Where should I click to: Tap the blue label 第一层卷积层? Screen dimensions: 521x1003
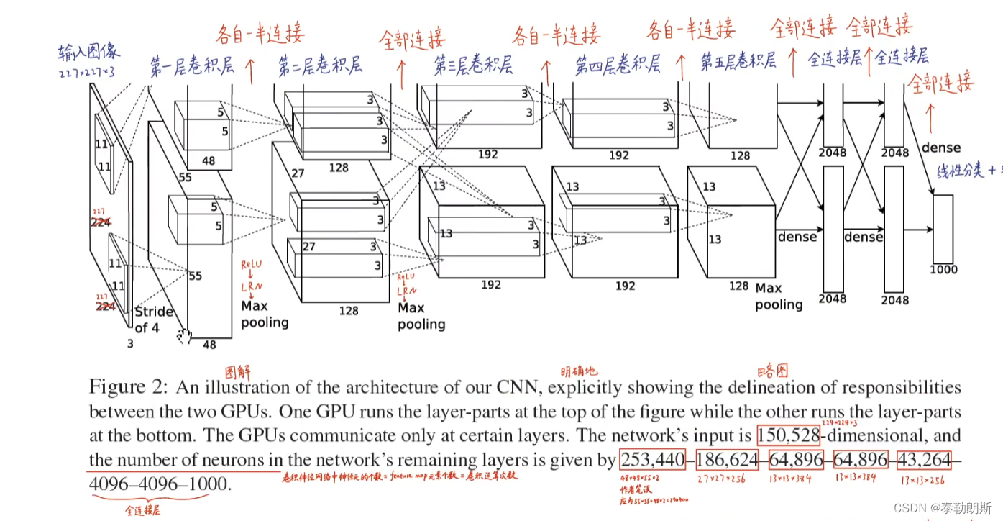coord(192,67)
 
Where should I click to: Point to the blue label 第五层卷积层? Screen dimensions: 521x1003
coord(738,61)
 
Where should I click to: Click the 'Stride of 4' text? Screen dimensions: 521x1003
coord(153,320)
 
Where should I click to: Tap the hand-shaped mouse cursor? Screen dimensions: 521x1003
coord(185,335)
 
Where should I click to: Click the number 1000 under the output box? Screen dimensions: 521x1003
coord(943,269)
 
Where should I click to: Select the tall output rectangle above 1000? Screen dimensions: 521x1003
coord(943,229)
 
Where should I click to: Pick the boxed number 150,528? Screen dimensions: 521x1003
coord(788,435)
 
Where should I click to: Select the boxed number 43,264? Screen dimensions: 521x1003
coord(922,460)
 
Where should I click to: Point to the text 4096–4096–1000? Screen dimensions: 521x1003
coord(158,484)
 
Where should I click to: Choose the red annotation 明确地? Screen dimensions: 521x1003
coord(579,371)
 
